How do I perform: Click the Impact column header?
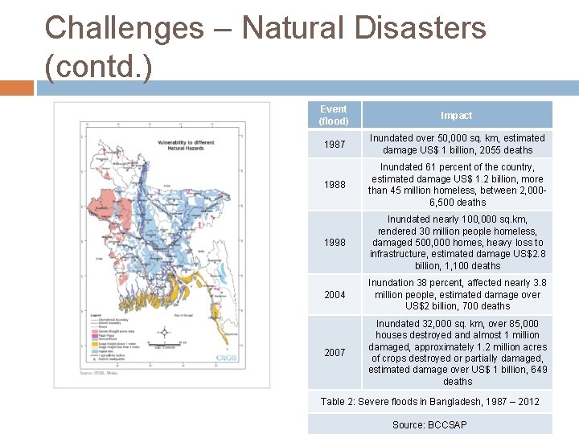(456, 115)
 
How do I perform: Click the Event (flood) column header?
(333, 115)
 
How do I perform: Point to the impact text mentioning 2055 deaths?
(457, 144)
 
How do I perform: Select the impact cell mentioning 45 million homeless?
(457, 185)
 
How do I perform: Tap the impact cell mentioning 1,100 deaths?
(457, 242)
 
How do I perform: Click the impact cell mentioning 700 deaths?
(457, 294)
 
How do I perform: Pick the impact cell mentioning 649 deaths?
(457, 352)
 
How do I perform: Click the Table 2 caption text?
(429, 401)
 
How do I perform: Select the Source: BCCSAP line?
(429, 424)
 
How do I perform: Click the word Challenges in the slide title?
(124, 28)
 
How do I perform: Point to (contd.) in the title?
(98, 67)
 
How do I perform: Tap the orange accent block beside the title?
(16, 88)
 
